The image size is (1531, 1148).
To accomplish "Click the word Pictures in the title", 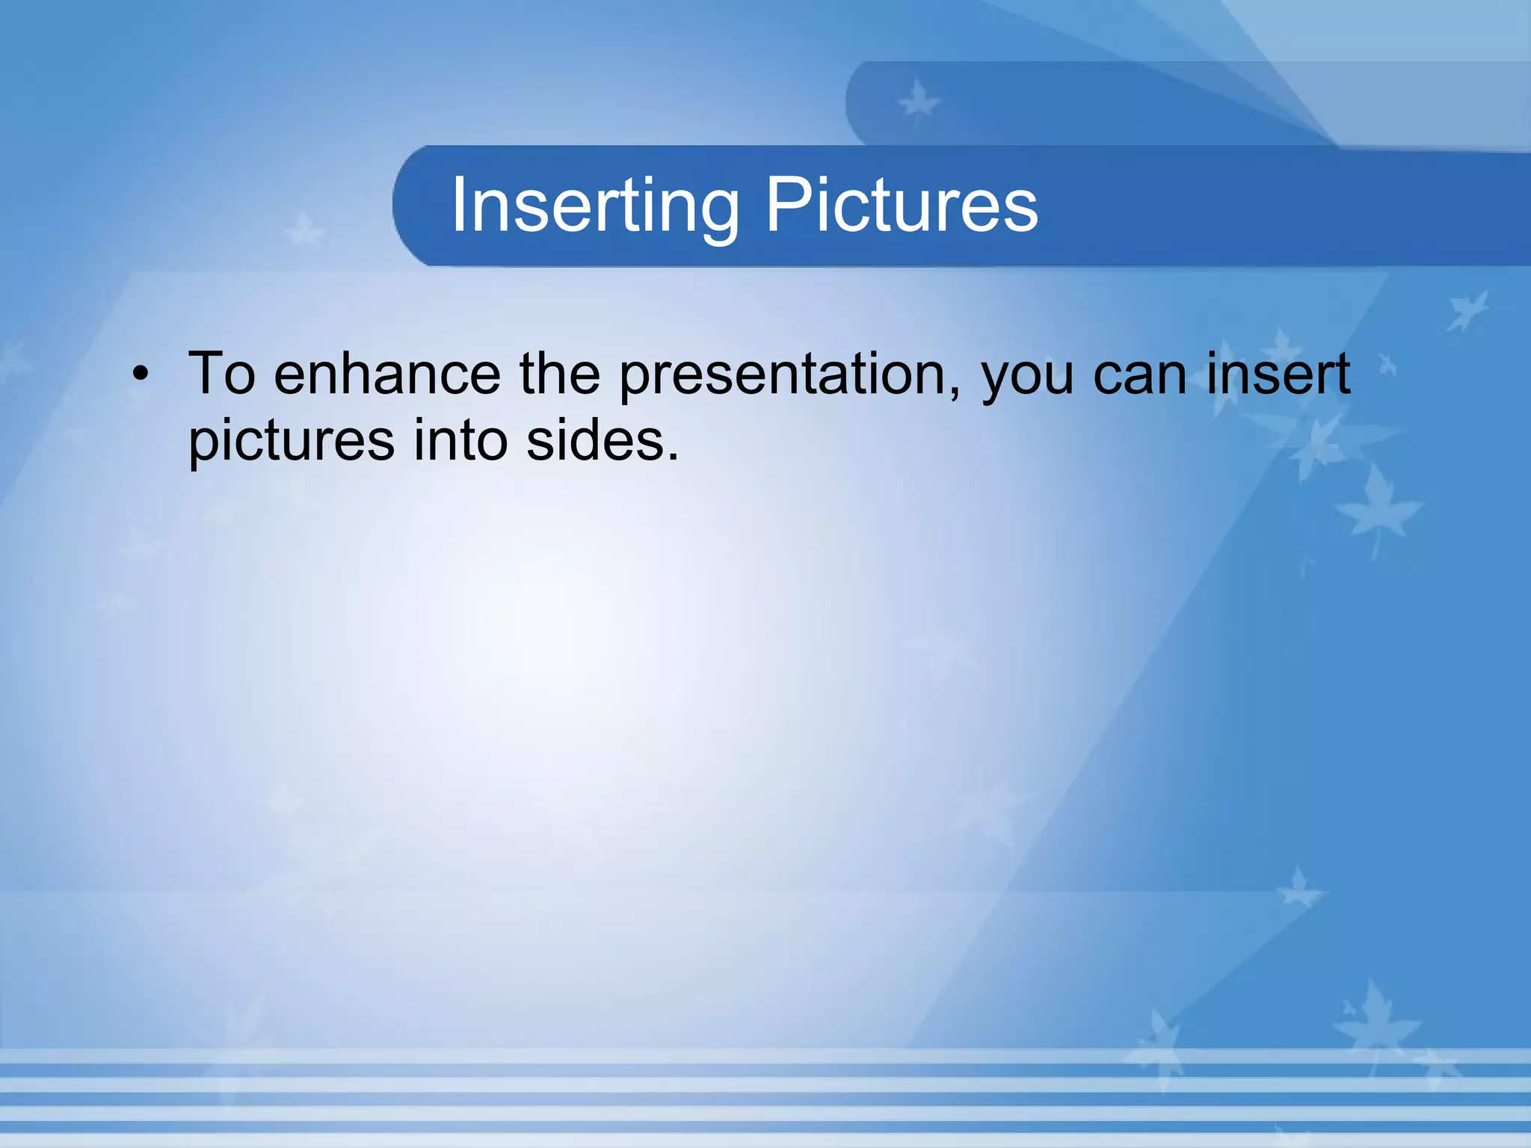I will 902,206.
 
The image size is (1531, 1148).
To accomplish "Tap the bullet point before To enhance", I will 141,374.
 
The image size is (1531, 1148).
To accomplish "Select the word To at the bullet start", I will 221,374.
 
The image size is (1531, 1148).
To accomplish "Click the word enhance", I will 386,374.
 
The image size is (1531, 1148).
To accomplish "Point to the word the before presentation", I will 559,374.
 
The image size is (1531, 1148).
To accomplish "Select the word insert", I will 1278,374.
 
